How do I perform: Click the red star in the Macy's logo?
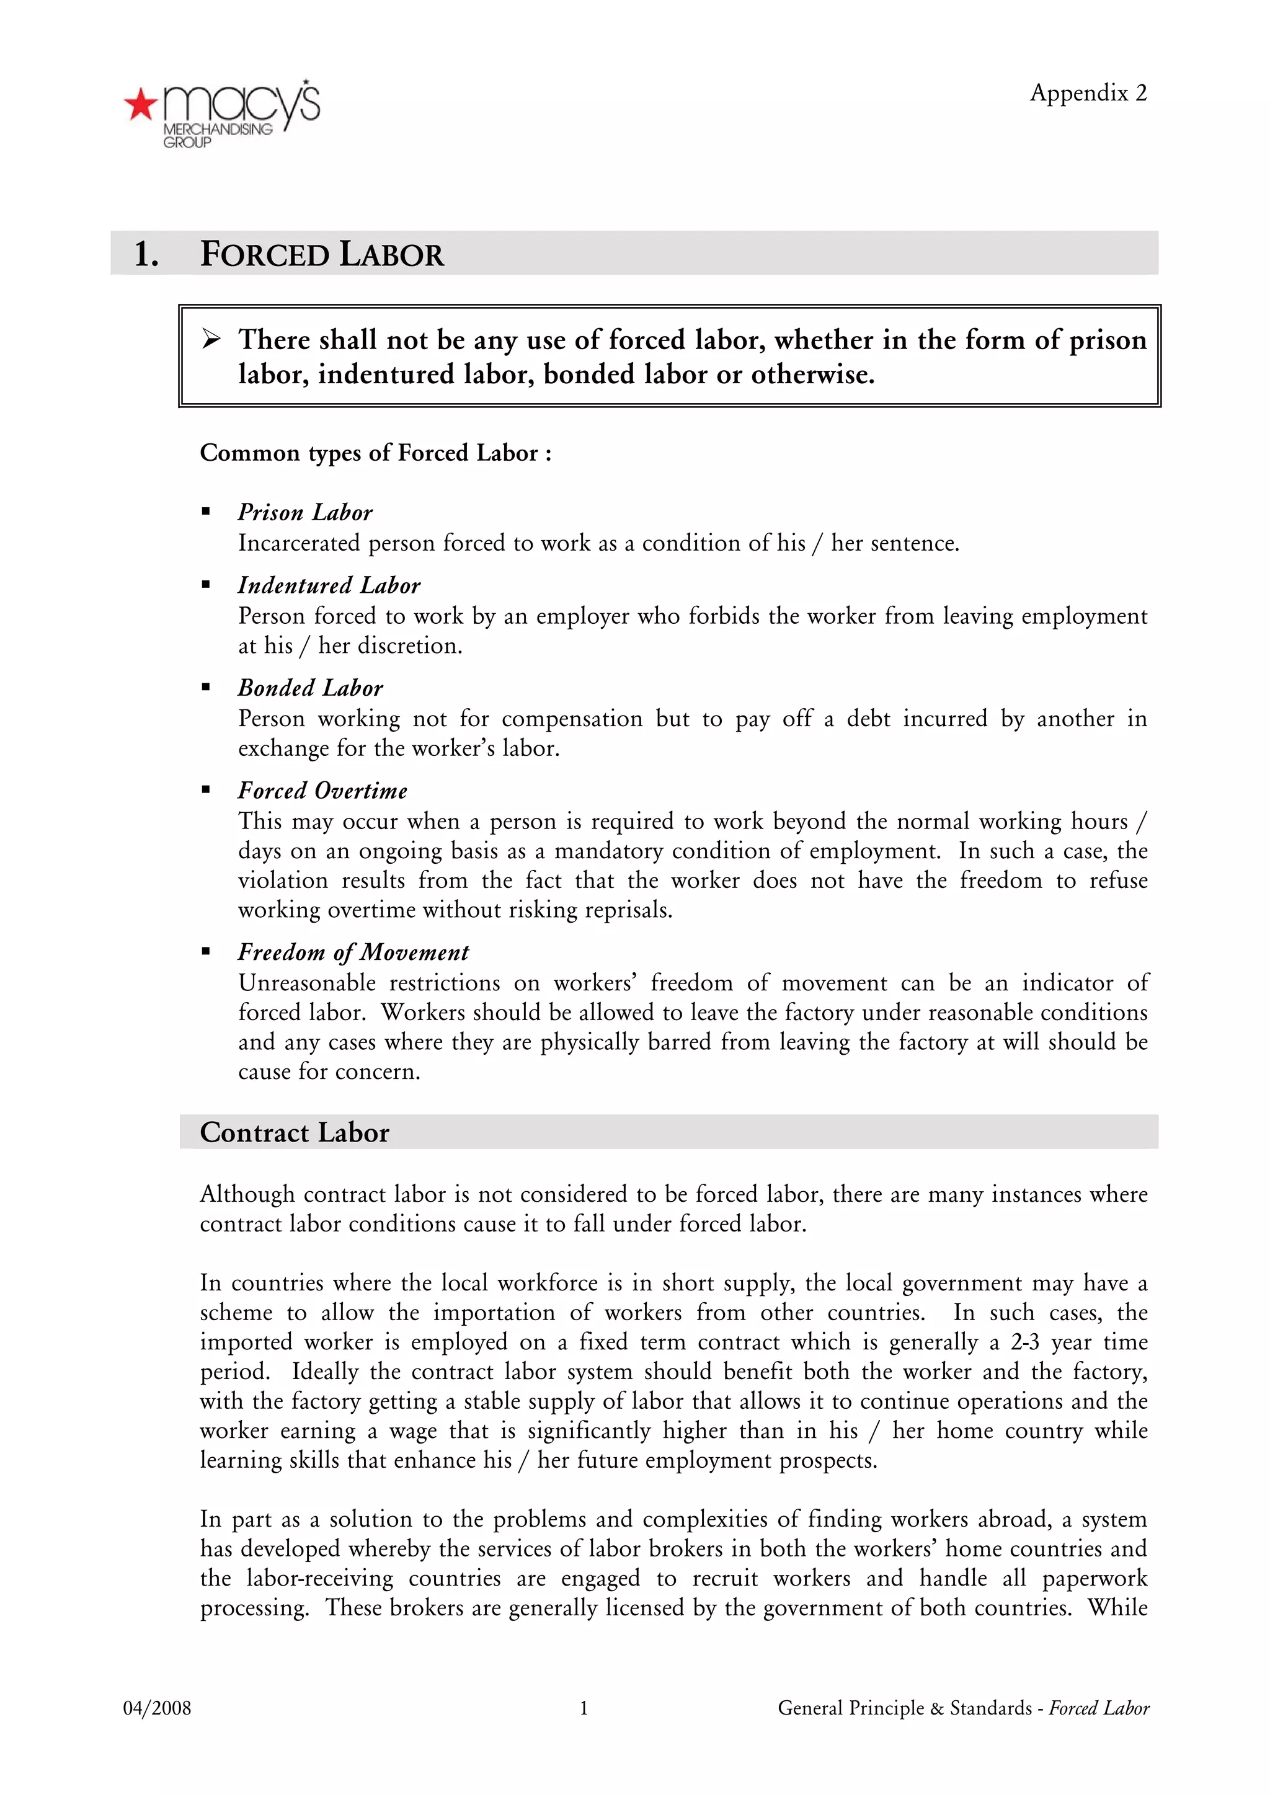click(x=141, y=104)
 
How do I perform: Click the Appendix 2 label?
click(x=1088, y=93)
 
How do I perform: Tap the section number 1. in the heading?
click(x=146, y=254)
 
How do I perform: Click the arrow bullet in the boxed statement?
click(x=211, y=340)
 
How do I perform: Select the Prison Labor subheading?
click(x=305, y=513)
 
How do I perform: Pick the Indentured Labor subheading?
click(x=329, y=585)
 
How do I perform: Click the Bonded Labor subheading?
click(x=310, y=688)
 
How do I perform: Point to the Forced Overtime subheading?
click(x=322, y=791)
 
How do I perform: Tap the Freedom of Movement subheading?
click(x=353, y=952)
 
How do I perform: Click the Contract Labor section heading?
click(x=294, y=1132)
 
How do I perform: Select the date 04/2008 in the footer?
click(x=156, y=1708)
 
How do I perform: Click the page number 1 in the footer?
click(x=584, y=1708)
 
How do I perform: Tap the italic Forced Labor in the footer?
click(x=1099, y=1708)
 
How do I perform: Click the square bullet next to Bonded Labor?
click(x=206, y=688)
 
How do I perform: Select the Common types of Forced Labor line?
click(x=376, y=453)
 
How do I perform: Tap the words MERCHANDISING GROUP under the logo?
click(x=217, y=135)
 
